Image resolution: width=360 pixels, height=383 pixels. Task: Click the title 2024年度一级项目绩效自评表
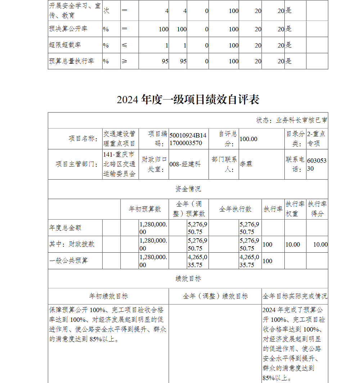click(188, 100)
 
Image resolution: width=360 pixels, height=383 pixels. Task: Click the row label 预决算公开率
click(68, 29)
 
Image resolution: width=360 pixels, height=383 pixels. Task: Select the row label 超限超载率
click(65, 45)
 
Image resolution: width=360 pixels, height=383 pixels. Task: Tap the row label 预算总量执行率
click(71, 61)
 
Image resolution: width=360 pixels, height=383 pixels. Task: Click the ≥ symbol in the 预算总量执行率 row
click(125, 61)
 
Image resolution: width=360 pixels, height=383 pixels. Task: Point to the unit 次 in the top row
click(107, 11)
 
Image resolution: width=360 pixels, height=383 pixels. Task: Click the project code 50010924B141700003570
click(188, 139)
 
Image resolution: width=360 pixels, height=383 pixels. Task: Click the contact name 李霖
click(246, 164)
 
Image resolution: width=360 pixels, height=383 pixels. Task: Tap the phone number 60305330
click(317, 164)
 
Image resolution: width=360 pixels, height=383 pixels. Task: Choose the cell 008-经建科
click(185, 164)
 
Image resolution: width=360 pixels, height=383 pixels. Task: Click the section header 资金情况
click(188, 189)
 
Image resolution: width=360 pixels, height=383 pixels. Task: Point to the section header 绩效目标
click(188, 278)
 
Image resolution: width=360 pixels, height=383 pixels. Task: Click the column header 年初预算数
click(145, 209)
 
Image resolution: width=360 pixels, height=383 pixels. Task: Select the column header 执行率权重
click(295, 209)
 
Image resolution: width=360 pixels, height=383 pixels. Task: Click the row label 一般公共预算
click(68, 260)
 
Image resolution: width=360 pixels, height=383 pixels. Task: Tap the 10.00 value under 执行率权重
click(293, 244)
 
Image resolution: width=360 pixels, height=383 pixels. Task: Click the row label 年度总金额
click(65, 228)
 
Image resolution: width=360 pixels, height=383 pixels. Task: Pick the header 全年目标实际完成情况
click(295, 296)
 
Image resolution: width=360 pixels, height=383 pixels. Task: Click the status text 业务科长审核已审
click(302, 120)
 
